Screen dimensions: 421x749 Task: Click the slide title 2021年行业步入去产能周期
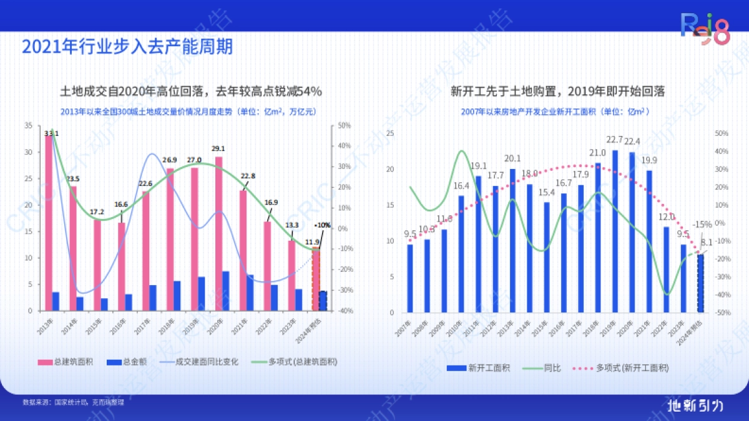coord(127,47)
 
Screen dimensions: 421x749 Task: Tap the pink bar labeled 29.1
coord(218,231)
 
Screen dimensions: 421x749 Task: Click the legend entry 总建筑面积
coord(66,362)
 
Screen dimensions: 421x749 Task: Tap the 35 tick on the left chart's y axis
coord(29,125)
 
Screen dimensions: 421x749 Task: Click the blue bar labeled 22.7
coord(615,231)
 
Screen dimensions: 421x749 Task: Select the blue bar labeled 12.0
coord(667,268)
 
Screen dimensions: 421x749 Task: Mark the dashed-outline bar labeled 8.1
coord(700,284)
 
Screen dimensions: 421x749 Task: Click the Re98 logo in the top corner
coord(703,29)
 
